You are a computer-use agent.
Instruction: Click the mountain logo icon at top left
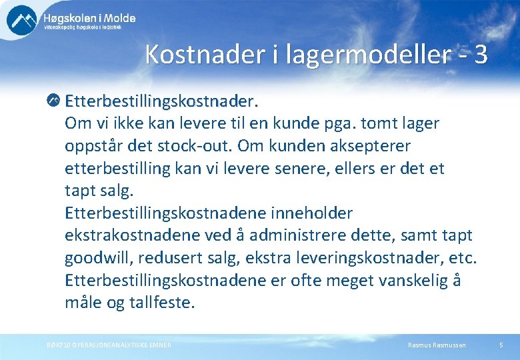[21, 20]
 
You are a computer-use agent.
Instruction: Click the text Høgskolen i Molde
[89, 18]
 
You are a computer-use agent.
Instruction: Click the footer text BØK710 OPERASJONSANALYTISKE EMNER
[109, 345]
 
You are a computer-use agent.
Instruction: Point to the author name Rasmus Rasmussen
[437, 345]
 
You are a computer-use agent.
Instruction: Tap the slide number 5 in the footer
[501, 345]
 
